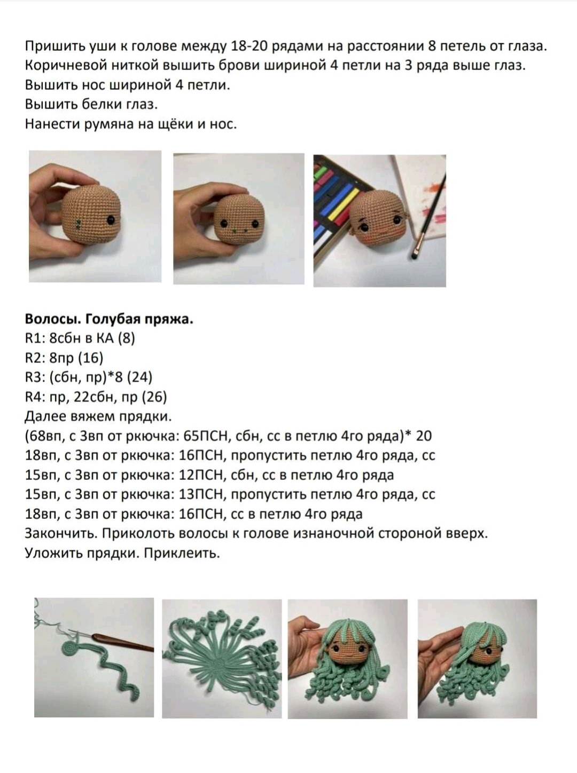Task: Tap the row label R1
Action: point(34,338)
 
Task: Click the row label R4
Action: point(34,397)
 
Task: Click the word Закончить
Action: point(61,534)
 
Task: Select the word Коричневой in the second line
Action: point(65,66)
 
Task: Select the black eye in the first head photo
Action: point(111,219)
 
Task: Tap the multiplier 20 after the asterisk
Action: point(424,436)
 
